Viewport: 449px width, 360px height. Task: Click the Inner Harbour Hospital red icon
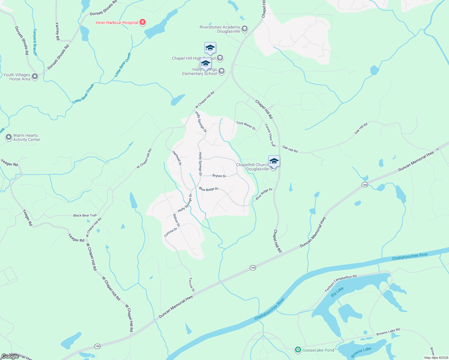[x=143, y=22]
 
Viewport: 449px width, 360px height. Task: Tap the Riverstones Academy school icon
[x=245, y=29]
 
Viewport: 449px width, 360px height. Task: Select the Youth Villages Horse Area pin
[x=35, y=77]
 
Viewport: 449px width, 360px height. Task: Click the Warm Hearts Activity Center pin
[x=9, y=137]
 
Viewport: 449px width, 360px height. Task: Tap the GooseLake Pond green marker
[x=298, y=350]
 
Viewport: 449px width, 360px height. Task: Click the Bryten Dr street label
[x=219, y=176]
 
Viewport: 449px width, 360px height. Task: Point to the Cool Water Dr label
[x=246, y=125]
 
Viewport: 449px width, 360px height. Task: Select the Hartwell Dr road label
[x=177, y=158]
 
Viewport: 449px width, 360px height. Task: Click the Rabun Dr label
[x=176, y=220]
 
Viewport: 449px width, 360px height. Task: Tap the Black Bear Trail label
[x=85, y=215]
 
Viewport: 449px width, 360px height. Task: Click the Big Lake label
[x=337, y=292]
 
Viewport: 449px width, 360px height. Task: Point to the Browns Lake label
[x=361, y=352]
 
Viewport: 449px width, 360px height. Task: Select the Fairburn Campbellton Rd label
[x=341, y=283]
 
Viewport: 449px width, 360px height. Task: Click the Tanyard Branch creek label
[x=35, y=42]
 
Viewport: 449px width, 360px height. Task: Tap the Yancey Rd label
[x=57, y=31]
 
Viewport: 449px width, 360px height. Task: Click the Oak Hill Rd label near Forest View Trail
[x=290, y=149]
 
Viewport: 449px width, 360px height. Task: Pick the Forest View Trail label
[x=270, y=135]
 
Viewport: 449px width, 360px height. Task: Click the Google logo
[x=10, y=356]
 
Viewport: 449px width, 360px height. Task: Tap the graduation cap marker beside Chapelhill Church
[x=274, y=161]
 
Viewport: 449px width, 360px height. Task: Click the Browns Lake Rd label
[x=388, y=332]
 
